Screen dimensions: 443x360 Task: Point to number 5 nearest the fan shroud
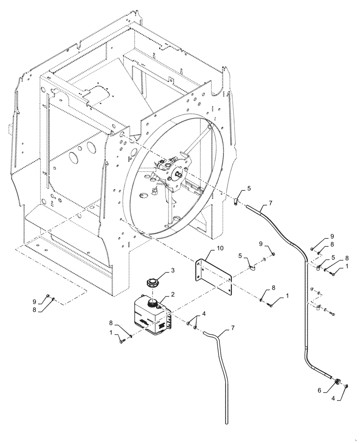tap(249, 188)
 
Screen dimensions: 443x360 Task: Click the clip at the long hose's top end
tap(236, 201)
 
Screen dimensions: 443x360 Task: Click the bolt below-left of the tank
tap(121, 341)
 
